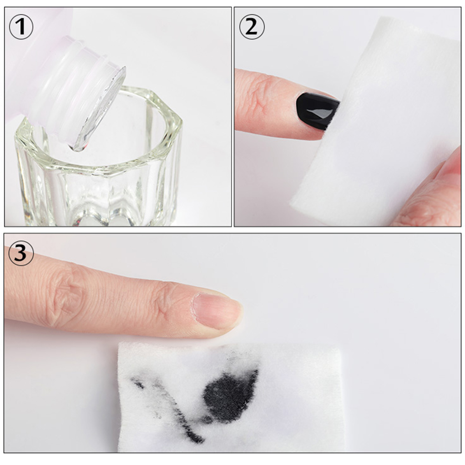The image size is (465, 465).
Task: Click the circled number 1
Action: coord(21,27)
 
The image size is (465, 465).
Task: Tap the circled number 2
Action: coord(252,27)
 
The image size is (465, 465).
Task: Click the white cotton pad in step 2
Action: coord(377,122)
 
